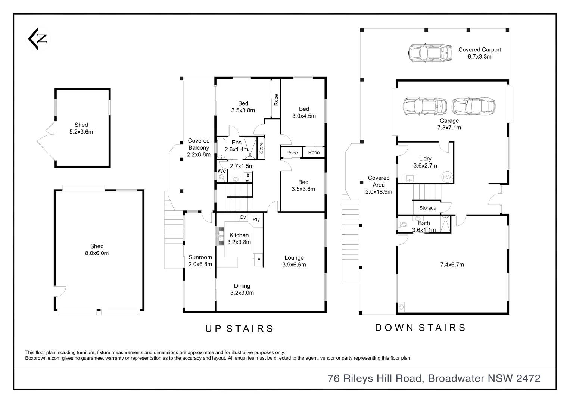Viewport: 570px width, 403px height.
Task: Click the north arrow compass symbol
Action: (38, 39)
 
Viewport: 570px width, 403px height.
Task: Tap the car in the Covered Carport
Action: (430, 53)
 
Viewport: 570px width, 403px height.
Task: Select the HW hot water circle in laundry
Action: (447, 177)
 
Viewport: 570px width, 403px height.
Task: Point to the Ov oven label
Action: (243, 217)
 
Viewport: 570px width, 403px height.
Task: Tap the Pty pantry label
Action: (256, 219)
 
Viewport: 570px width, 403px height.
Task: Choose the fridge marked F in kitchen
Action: (259, 260)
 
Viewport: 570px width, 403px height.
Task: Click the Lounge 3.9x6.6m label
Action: (294, 261)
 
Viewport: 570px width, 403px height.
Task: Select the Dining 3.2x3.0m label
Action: (242, 289)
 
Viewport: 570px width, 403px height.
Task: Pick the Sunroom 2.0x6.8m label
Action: (200, 261)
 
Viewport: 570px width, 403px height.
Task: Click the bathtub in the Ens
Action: (221, 148)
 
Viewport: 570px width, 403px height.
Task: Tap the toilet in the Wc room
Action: (221, 177)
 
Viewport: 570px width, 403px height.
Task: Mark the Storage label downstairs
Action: (427, 208)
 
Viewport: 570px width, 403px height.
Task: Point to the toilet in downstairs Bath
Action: (402, 225)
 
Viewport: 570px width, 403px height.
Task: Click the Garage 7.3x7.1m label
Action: (449, 124)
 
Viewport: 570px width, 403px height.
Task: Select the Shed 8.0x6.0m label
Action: (97, 250)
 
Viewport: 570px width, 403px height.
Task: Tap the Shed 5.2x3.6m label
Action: (81, 128)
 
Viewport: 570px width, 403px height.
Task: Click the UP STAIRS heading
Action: (239, 329)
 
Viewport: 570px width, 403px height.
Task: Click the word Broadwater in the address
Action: (456, 378)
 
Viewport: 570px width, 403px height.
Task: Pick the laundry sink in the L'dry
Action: (410, 178)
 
